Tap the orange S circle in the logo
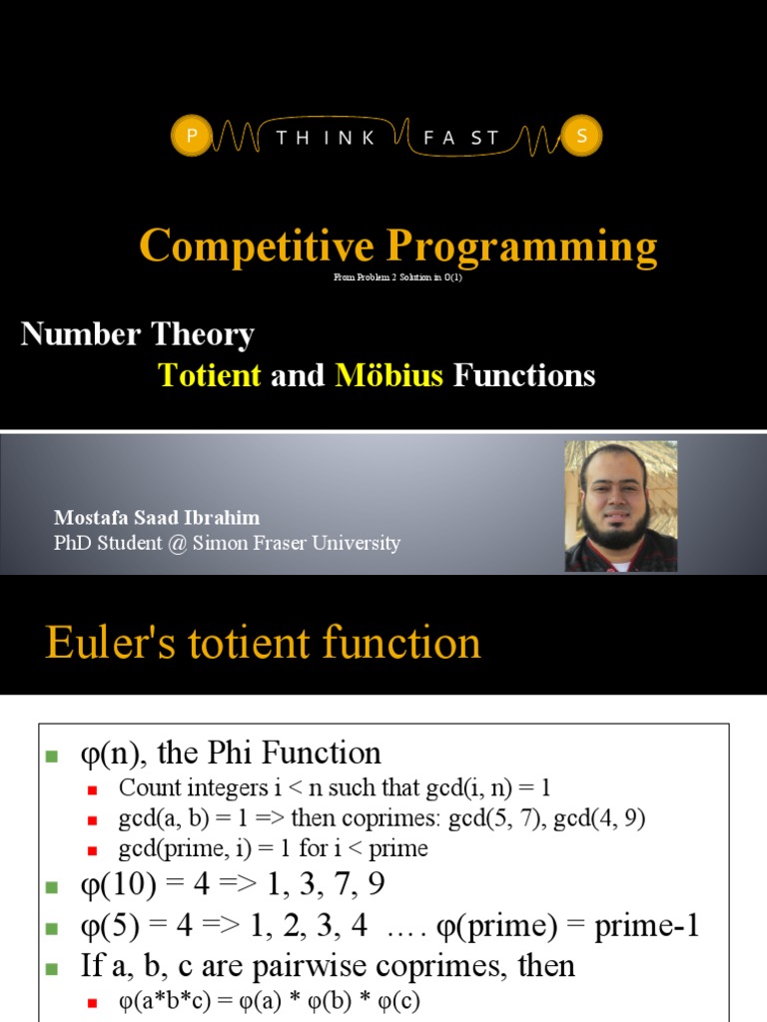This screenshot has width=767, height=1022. (x=580, y=138)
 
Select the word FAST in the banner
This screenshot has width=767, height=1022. (x=460, y=139)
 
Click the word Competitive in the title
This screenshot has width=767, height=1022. (x=257, y=246)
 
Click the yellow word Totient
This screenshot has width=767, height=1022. (x=210, y=375)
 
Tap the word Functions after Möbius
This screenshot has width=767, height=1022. (x=524, y=375)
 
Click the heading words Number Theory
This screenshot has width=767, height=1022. (x=138, y=333)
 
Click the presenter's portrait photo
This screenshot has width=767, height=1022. (x=620, y=506)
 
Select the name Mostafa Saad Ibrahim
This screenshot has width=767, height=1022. (x=157, y=518)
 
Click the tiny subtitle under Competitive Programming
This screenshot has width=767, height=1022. (x=397, y=277)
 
